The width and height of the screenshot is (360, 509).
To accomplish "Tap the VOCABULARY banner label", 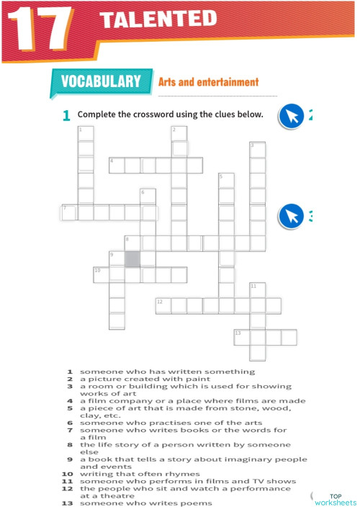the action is click(100, 81).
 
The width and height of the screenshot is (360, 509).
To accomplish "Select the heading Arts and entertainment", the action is click(208, 82).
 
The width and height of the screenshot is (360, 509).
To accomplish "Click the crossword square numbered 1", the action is click(86, 133).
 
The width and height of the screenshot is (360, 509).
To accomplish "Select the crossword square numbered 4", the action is click(117, 166).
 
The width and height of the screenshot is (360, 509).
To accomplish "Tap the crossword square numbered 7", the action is click(69, 212).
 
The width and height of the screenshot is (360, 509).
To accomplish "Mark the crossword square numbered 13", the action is click(242, 337).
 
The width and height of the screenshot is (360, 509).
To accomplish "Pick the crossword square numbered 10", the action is click(101, 274).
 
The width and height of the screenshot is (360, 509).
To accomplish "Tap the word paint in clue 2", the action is click(198, 379).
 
